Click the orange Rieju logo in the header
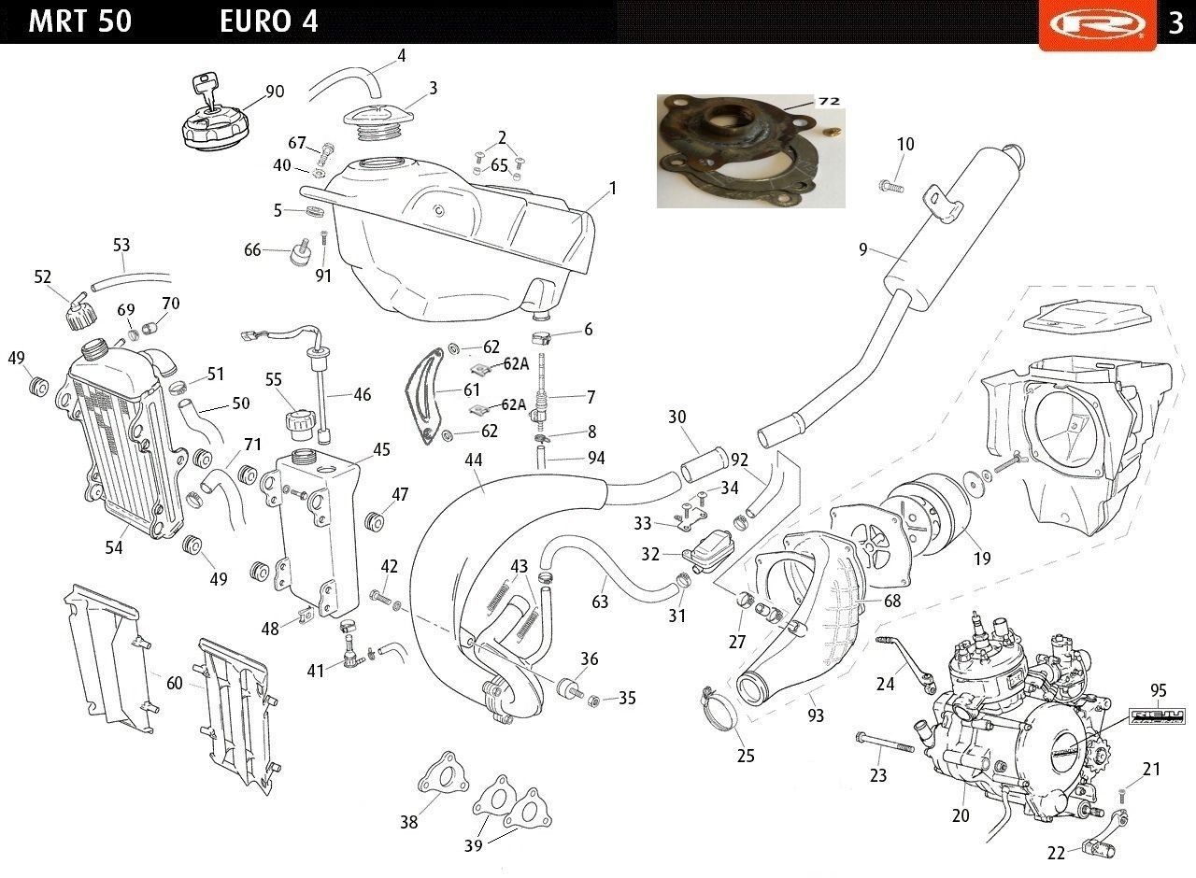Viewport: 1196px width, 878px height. point(1097,24)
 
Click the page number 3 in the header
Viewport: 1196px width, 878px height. point(1175,22)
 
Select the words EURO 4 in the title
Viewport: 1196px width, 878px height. point(268,21)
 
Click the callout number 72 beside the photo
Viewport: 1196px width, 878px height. point(829,101)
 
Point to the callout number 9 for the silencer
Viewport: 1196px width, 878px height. point(862,249)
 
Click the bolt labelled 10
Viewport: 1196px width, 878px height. point(891,186)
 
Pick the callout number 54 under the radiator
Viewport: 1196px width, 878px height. point(114,547)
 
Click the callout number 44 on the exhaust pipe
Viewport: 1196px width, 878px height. point(473,460)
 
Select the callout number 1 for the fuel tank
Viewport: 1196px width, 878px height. point(613,188)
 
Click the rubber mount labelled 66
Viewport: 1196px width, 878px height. point(302,252)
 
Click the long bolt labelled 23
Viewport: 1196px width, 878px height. point(884,743)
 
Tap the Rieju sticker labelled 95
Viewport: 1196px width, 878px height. point(1157,715)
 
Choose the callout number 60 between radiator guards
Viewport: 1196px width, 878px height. point(174,683)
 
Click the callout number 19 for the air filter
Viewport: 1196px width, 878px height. point(982,559)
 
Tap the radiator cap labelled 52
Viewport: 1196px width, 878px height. point(81,312)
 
